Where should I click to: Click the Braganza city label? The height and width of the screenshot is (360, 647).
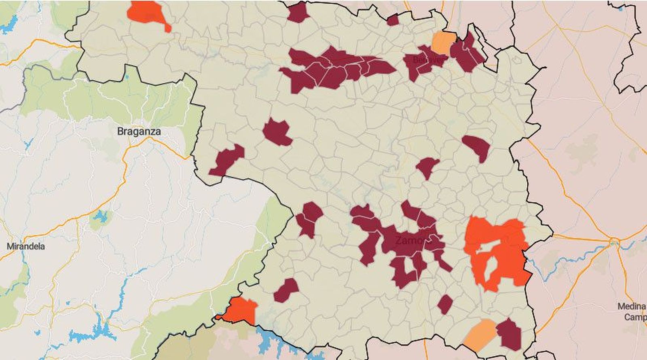click(x=139, y=131)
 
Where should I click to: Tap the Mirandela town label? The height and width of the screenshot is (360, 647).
click(x=26, y=246)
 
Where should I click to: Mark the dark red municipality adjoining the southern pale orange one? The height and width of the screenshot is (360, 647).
click(x=510, y=334)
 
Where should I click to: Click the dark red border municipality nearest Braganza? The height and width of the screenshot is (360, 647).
click(x=227, y=160)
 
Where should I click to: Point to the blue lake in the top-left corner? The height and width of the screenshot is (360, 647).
click(x=9, y=25)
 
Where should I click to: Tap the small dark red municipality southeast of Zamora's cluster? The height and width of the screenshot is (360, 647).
click(x=445, y=304)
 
